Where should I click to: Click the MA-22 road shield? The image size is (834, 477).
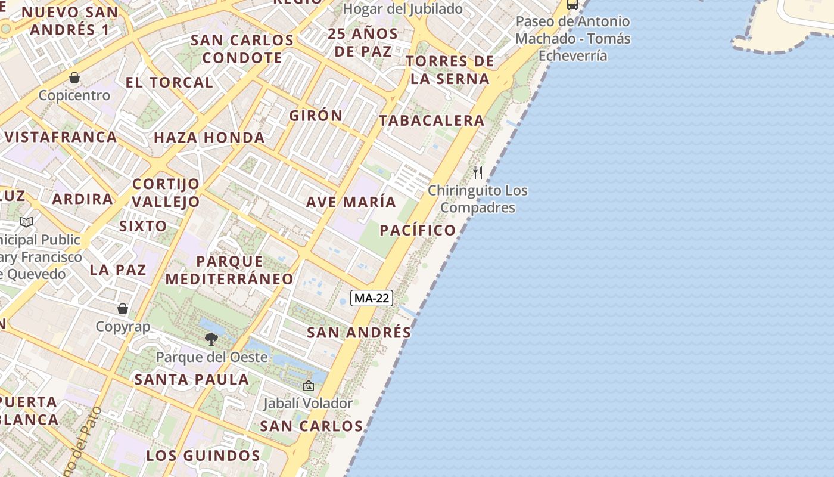pyautogui.click(x=372, y=298)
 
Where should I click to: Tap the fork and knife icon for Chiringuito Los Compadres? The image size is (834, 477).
pyautogui.click(x=478, y=173)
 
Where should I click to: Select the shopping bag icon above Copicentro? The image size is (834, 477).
pyautogui.click(x=74, y=78)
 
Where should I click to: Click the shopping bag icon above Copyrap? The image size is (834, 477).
pyautogui.click(x=123, y=309)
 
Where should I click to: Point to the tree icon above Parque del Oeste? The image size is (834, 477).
pyautogui.click(x=211, y=339)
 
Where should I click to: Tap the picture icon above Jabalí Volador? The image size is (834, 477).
pyautogui.click(x=308, y=386)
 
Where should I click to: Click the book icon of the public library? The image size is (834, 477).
pyautogui.click(x=26, y=222)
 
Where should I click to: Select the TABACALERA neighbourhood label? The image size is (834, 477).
pyautogui.click(x=432, y=120)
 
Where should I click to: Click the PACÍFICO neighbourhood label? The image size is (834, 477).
pyautogui.click(x=418, y=230)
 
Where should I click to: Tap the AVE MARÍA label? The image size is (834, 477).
pyautogui.click(x=351, y=202)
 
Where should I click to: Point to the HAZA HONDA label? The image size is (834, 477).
pyautogui.click(x=209, y=138)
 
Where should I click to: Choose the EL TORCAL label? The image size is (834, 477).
pyautogui.click(x=169, y=82)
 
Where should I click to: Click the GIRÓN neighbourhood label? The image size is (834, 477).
pyautogui.click(x=316, y=116)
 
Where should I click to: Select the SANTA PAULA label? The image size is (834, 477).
pyautogui.click(x=191, y=379)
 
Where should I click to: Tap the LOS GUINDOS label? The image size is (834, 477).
pyautogui.click(x=203, y=456)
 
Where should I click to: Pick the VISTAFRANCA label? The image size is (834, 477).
pyautogui.click(x=60, y=137)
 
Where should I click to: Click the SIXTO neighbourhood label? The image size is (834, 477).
pyautogui.click(x=143, y=226)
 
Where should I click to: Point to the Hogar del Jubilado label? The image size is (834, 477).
pyautogui.click(x=403, y=9)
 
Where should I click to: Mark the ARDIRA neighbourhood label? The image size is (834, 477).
pyautogui.click(x=82, y=199)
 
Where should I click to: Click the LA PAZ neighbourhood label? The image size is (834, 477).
pyautogui.click(x=118, y=270)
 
